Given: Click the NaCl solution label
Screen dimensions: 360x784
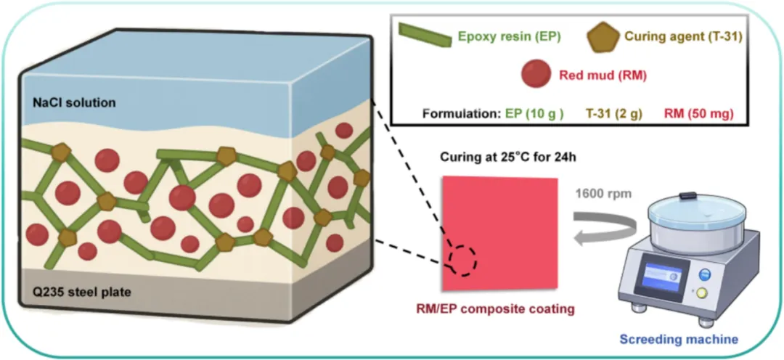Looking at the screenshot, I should (74, 103).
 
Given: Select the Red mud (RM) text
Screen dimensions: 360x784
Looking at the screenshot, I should (602, 74).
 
